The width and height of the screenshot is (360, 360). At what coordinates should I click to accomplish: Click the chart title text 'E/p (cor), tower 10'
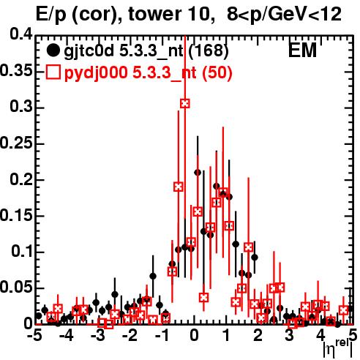(124, 15)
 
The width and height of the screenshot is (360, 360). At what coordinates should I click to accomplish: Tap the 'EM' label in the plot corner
(302, 50)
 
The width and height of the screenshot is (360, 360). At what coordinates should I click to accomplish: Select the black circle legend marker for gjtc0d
(53, 50)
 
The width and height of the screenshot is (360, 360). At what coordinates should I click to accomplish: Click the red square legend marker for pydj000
(53, 72)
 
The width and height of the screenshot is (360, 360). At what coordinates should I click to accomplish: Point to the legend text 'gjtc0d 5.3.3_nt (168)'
(146, 51)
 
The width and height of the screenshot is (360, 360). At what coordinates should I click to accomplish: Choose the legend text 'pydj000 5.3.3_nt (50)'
(149, 73)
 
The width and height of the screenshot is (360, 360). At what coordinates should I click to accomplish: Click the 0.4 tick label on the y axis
(21, 35)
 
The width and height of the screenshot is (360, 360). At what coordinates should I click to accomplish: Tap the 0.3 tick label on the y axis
(21, 107)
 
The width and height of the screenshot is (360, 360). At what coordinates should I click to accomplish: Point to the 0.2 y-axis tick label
(21, 179)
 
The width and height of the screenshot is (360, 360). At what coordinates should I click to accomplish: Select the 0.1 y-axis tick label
(22, 251)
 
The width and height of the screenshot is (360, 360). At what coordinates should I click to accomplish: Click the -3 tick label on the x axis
(98, 335)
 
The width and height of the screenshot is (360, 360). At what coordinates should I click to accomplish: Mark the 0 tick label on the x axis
(194, 335)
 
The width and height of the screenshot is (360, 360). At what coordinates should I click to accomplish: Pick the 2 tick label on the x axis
(258, 335)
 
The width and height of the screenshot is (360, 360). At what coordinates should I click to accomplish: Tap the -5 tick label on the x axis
(34, 335)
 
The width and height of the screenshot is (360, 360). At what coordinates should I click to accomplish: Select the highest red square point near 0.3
(185, 103)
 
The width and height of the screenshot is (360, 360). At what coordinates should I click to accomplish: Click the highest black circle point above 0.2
(198, 173)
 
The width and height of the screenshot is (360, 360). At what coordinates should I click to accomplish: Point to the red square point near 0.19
(179, 187)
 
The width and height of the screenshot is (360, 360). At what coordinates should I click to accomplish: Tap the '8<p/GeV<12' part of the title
(284, 15)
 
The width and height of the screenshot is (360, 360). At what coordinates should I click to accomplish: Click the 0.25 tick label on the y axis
(16, 143)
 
